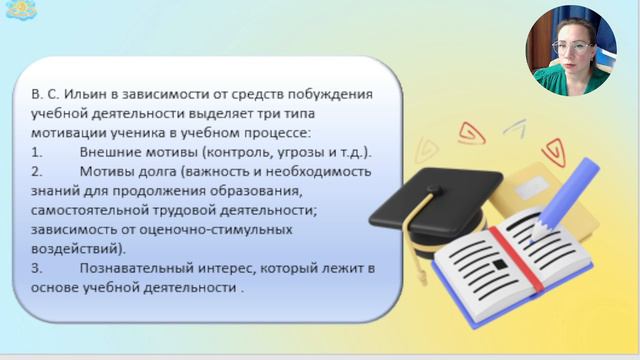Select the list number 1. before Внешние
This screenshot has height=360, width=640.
(37, 152)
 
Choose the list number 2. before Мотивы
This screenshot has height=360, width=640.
(37, 171)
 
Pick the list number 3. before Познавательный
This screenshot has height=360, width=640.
(37, 267)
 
